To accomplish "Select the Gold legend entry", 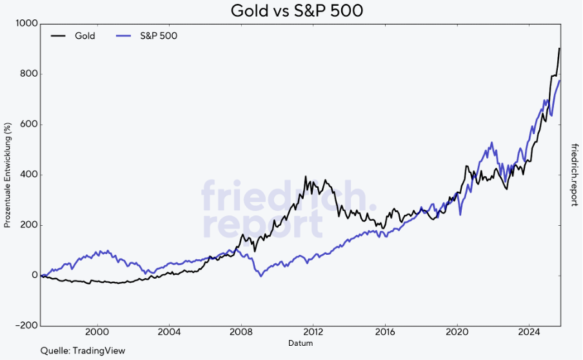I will [x=84, y=36].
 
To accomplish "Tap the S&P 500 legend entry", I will [x=159, y=36].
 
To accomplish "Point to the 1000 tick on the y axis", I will [x=27, y=24].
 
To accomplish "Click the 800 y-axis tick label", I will [x=28, y=74].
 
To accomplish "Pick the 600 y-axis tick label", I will [x=28, y=125].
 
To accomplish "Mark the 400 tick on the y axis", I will [x=28, y=175].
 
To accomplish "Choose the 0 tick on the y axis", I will [x=34, y=275].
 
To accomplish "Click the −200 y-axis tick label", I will [x=26, y=326].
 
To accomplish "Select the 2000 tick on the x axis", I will [x=97, y=333].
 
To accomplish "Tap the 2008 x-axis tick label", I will [x=241, y=333].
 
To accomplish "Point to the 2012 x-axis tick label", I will [x=313, y=333].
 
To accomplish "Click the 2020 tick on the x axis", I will [x=457, y=333].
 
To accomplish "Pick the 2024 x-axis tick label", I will [x=529, y=333].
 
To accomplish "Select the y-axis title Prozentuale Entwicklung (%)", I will [x=8, y=175].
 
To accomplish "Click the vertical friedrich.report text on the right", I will [x=574, y=175].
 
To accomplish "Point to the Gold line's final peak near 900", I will [x=559, y=48].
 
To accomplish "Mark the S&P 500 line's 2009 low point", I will [x=261, y=276].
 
